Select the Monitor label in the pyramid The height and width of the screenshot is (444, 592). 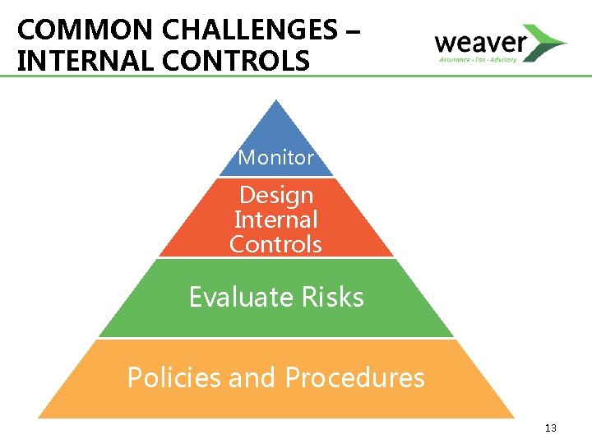(x=276, y=157)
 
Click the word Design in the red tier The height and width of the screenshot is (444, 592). (x=276, y=195)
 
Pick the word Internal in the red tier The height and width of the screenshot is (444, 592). (x=276, y=220)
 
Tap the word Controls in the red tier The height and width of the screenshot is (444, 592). (x=276, y=244)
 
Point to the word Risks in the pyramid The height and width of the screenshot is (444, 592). (x=336, y=296)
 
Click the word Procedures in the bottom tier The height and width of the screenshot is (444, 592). (x=354, y=377)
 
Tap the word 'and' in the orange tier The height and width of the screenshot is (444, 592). (x=253, y=377)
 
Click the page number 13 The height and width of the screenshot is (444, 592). (x=550, y=428)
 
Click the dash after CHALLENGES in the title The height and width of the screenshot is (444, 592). (x=353, y=31)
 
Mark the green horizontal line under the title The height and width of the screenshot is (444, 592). (x=296, y=76)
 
